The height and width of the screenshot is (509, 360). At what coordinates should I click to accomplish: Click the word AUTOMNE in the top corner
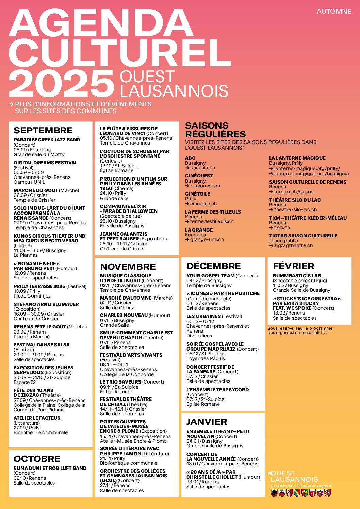(x=334, y=11)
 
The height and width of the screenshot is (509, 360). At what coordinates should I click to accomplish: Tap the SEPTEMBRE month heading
(x=43, y=130)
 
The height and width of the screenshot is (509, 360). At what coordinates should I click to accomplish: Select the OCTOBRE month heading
(x=37, y=459)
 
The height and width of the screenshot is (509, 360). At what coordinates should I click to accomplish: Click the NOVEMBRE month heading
(x=128, y=267)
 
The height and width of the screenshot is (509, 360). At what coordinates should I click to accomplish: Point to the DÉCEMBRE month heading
(x=214, y=266)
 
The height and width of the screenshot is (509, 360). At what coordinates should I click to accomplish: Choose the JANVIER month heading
(x=207, y=422)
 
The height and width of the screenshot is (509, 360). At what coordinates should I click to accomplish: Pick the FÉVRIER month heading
(x=293, y=266)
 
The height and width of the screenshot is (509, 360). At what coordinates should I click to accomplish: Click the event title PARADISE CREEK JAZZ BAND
(x=47, y=140)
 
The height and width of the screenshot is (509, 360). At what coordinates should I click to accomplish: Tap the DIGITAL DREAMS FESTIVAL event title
(x=45, y=163)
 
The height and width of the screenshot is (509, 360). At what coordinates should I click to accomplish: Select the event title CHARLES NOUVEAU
(x=124, y=315)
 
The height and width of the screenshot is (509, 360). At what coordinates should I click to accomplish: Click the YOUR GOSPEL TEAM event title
(x=211, y=276)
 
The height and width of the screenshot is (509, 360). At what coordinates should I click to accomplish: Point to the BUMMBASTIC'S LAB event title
(x=297, y=276)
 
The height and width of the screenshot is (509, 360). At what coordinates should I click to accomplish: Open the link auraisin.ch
(x=202, y=168)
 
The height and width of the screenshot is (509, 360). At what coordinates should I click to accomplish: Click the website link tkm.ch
(x=282, y=227)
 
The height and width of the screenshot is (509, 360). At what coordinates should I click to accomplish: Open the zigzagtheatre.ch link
(x=293, y=245)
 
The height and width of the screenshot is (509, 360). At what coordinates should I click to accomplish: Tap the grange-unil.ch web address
(x=207, y=239)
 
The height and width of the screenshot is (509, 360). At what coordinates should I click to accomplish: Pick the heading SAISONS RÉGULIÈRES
(x=215, y=130)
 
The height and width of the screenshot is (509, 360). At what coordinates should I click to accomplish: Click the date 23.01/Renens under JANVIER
(x=202, y=482)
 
